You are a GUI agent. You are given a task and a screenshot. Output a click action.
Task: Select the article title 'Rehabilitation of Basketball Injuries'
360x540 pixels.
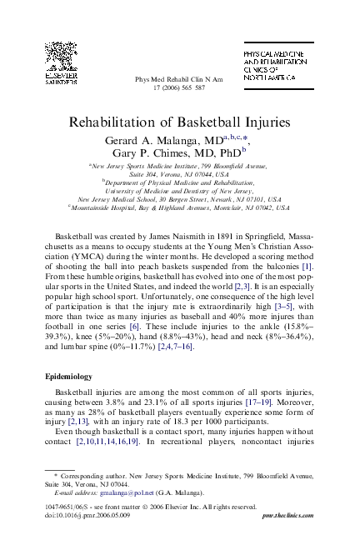pyautogui.click(x=179, y=121)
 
